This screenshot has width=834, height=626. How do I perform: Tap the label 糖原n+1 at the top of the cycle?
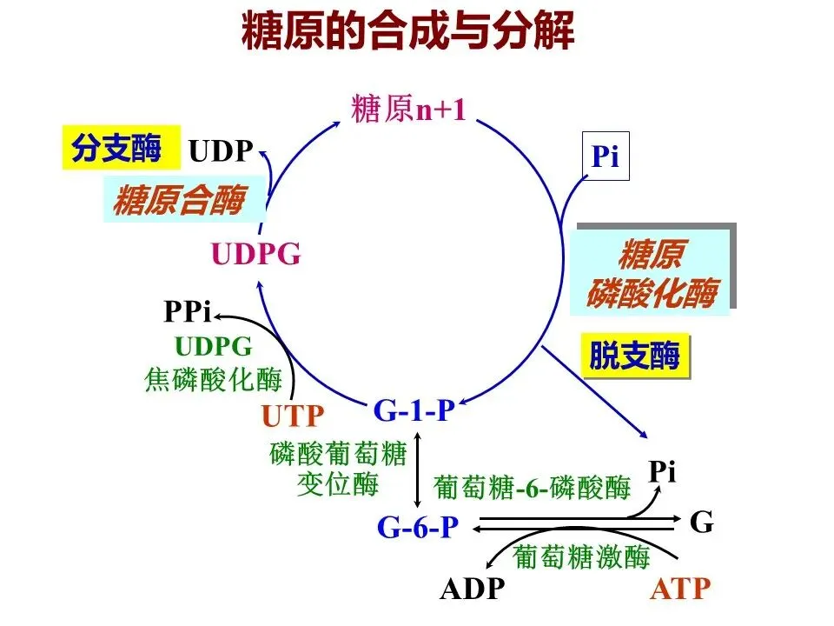[x=409, y=110]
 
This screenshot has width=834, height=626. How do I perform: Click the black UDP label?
[x=221, y=152]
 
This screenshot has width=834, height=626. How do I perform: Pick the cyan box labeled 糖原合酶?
[x=177, y=199]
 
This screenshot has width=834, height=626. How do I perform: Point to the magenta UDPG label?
[x=256, y=255]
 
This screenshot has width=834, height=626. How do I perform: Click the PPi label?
[x=188, y=312]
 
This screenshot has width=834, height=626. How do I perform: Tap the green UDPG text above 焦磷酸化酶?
[x=214, y=347]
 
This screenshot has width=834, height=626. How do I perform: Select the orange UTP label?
[x=293, y=416]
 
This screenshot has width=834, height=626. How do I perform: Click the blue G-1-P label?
[x=414, y=410]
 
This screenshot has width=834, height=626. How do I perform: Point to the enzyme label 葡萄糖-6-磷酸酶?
[x=532, y=488]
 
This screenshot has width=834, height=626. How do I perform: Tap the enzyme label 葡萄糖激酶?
[x=581, y=556]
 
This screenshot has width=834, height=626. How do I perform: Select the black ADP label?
[x=472, y=589]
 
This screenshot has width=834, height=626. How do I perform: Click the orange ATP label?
[x=679, y=589]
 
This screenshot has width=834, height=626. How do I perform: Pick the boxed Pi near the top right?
[x=605, y=157]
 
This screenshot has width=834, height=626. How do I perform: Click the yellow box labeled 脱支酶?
[x=635, y=356]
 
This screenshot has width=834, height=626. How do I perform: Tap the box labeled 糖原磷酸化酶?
[x=652, y=270]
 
